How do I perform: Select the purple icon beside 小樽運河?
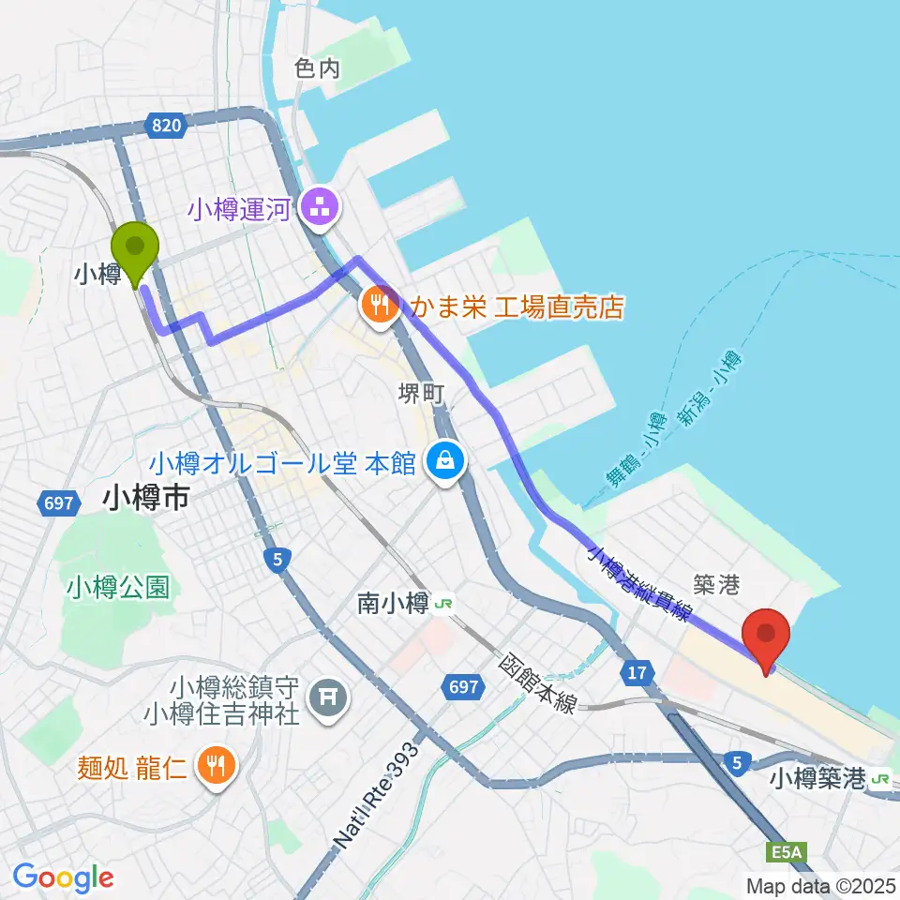(318, 208)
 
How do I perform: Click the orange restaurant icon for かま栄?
(379, 306)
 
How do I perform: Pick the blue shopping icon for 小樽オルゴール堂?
(442, 460)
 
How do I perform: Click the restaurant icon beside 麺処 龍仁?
(217, 764)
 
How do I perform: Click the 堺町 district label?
(420, 394)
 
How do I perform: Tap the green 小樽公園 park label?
(118, 588)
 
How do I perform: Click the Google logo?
(64, 877)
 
